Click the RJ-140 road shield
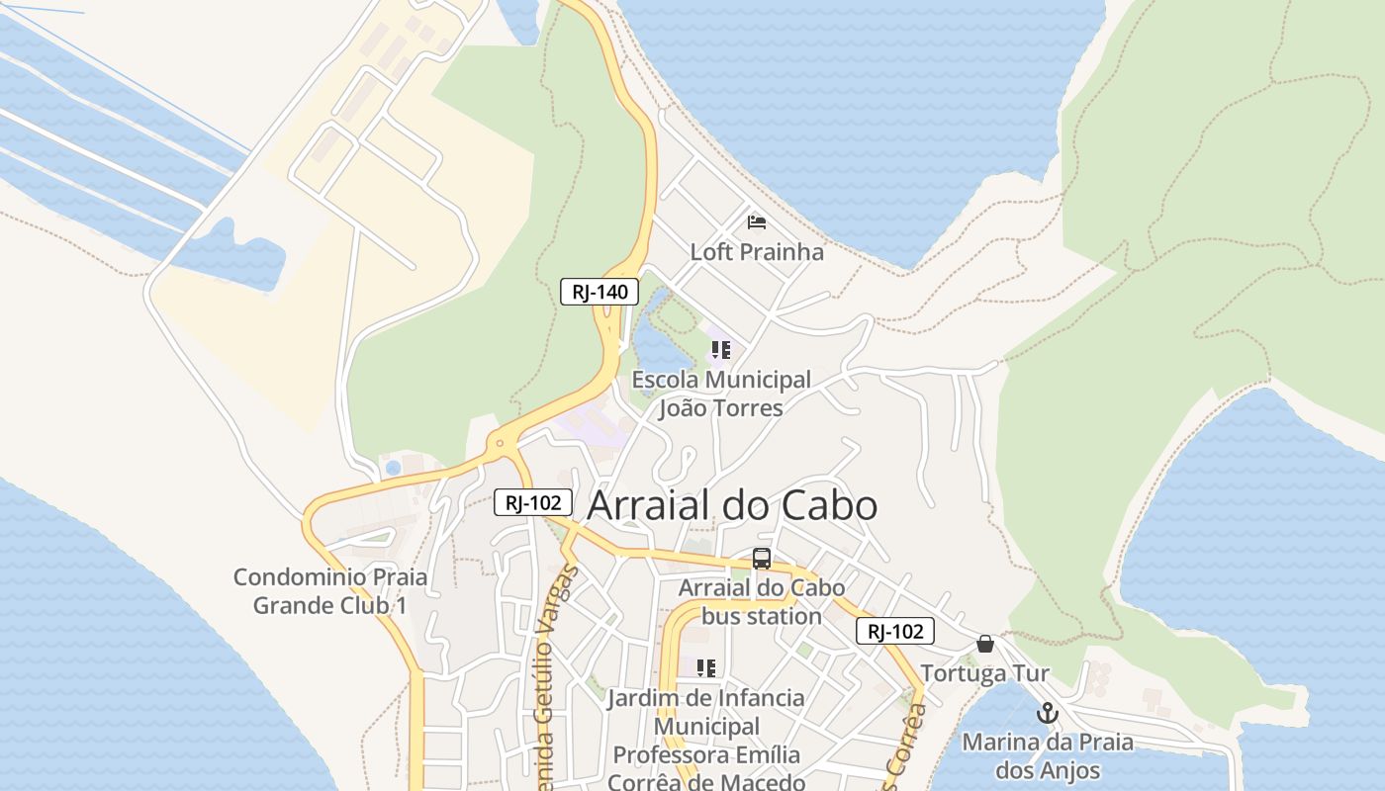(600, 292)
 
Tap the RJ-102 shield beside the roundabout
(533, 502)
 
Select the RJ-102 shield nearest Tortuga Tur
(894, 631)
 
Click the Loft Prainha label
(757, 252)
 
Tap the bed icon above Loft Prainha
(757, 221)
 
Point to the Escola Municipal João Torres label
(721, 394)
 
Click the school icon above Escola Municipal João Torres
(721, 349)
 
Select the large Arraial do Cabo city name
(732, 505)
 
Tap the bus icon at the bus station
(761, 558)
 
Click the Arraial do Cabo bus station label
(761, 601)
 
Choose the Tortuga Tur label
(984, 673)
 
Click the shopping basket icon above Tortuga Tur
(984, 644)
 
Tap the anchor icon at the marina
(1047, 712)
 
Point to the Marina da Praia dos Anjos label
(1048, 755)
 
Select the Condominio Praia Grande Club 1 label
(329, 590)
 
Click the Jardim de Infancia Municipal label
(706, 712)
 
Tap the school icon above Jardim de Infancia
(705, 667)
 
